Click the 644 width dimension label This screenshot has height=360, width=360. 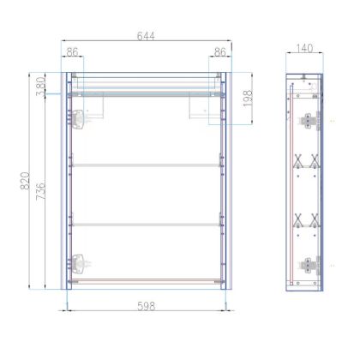tap(146, 36)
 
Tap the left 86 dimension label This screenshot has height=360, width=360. tap(72, 52)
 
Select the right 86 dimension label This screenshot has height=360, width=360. tap(220, 52)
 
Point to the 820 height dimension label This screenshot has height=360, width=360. tap(25, 181)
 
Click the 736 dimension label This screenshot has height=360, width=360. tap(41, 191)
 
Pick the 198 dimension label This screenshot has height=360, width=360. tap(248, 99)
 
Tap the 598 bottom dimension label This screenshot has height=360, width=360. tap(147, 306)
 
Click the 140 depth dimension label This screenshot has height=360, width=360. tap(304, 48)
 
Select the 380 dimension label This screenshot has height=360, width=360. tap(41, 86)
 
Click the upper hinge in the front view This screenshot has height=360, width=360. tap(77, 119)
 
